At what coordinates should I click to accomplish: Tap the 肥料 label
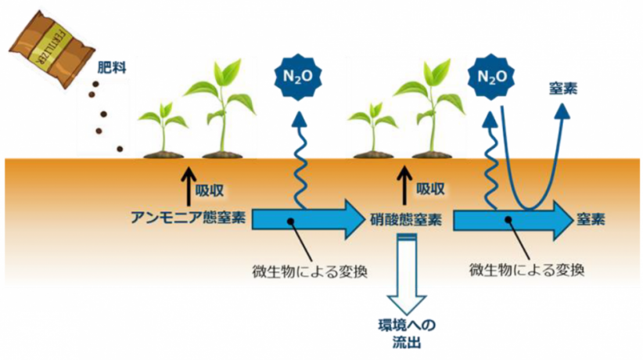tap(109, 68)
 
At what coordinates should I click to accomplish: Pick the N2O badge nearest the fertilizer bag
tap(298, 76)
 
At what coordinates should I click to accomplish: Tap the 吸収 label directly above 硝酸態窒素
tap(431, 189)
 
